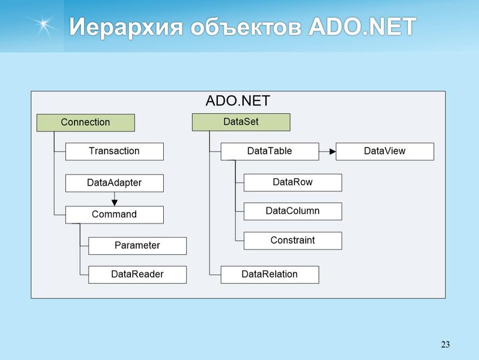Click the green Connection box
[86, 123]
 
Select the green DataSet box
[241, 122]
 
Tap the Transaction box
[114, 152]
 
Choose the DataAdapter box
[114, 183]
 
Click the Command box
[114, 214]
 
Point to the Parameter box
[137, 245]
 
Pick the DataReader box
[137, 274]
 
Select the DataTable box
[270, 152]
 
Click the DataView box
[385, 152]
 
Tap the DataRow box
[293, 183]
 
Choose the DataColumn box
[293, 211]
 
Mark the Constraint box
[293, 241]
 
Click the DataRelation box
[270, 274]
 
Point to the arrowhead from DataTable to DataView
[333, 152]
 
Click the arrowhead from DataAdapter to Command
[114, 202]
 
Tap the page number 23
[446, 344]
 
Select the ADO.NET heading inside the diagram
[238, 101]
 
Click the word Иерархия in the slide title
[126, 27]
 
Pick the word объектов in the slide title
[246, 26]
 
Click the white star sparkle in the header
[43, 24]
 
